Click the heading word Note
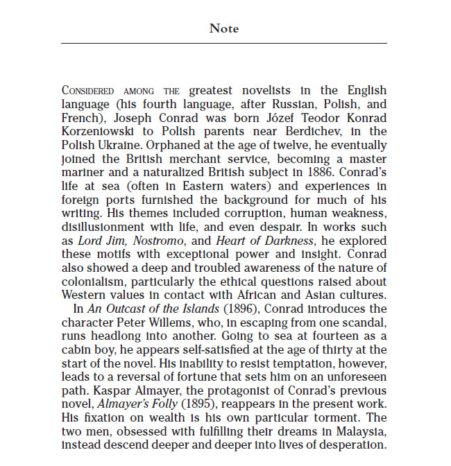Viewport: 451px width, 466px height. point(224,28)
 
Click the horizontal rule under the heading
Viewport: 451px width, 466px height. point(224,43)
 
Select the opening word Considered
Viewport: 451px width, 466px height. point(91,91)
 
